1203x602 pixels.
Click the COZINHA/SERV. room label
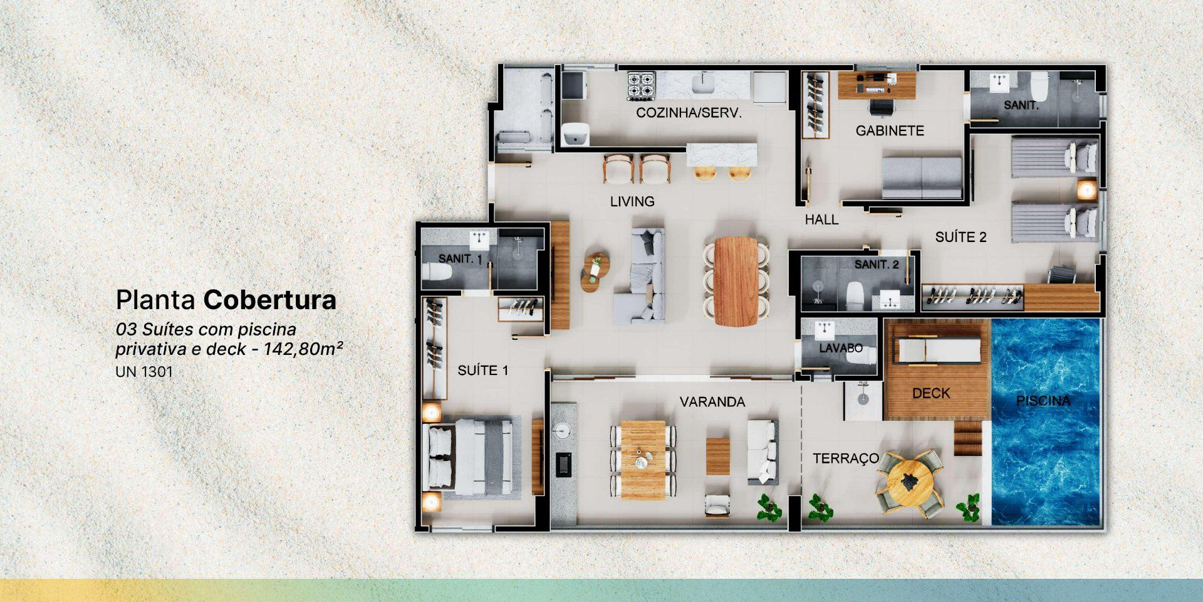pos(689,113)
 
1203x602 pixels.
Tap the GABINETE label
pos(890,131)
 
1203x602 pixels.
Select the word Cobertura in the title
pos(270,300)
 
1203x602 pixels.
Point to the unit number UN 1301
pos(144,371)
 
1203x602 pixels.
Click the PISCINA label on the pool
pos(1043,401)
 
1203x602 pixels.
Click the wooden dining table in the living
pos(736,281)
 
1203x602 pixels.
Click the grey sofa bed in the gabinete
pos(922,177)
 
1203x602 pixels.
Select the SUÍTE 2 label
pos(961,237)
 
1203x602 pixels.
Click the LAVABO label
pos(840,348)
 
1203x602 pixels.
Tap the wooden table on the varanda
pos(643,460)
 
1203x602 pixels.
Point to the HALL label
pos(821,220)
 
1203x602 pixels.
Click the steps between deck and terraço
pos(968,438)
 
